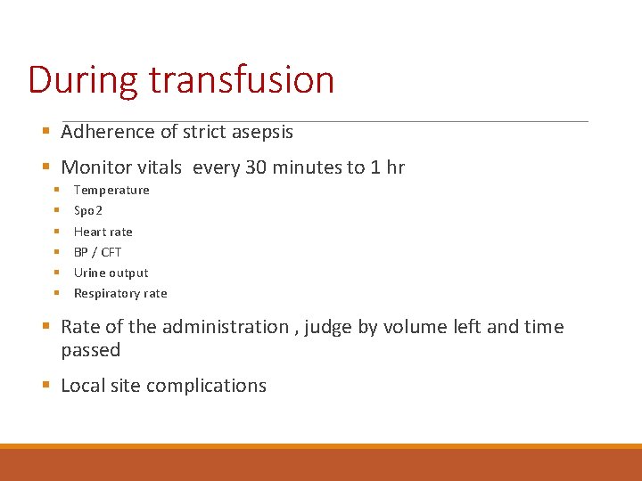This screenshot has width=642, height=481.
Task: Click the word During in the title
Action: [83, 79]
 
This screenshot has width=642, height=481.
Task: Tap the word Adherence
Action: [108, 132]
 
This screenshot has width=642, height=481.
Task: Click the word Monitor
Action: [94, 167]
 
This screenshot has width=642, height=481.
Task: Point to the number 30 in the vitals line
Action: [255, 167]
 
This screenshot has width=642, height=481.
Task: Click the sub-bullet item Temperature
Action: [111, 190]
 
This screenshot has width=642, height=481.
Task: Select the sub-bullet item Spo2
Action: [88, 211]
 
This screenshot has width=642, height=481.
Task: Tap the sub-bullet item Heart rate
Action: [103, 232]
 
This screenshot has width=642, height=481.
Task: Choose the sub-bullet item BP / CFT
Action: [97, 252]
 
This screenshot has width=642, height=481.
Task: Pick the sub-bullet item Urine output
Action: [111, 273]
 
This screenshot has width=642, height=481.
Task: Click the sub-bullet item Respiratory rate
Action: [120, 293]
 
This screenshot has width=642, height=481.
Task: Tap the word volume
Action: [414, 327]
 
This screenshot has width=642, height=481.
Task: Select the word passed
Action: [90, 350]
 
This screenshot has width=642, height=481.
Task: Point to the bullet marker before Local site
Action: [46, 386]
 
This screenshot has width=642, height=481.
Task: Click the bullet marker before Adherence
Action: [46, 132]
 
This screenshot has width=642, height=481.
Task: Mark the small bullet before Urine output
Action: [55, 273]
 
